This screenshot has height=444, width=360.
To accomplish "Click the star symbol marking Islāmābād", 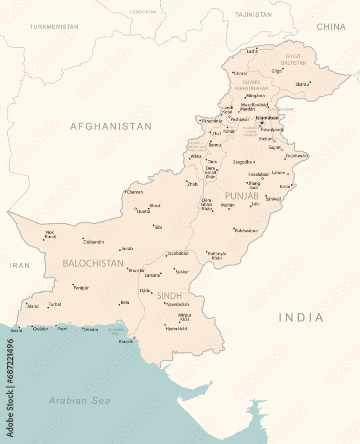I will click(x=262, y=123).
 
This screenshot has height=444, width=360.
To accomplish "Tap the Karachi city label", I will click(x=126, y=341).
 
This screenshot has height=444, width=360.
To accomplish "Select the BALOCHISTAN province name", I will click(x=93, y=263).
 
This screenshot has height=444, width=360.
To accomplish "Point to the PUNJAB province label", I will click(x=241, y=196).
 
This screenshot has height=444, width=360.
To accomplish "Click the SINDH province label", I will click(x=169, y=296).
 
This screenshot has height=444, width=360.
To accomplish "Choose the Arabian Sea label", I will click(x=79, y=400).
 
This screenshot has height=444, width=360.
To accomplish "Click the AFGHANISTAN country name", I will click(x=111, y=127).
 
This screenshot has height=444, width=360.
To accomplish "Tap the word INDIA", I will click(x=301, y=317).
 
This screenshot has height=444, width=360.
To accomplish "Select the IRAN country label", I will click(x=20, y=266).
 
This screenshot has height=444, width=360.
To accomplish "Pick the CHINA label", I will click(x=331, y=27).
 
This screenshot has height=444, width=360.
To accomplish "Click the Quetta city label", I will click(x=143, y=212).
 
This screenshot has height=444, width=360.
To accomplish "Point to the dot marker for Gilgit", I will click(x=283, y=69).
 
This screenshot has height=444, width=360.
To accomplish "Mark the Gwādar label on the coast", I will click(x=41, y=329).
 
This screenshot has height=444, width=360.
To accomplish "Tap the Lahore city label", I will click(x=278, y=173).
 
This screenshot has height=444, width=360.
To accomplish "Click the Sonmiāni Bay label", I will click(x=116, y=331).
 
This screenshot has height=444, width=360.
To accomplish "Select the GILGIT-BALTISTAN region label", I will click(x=296, y=59).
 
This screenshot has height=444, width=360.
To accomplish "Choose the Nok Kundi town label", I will click(x=51, y=234).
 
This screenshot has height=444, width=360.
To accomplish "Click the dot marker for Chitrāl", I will click(x=233, y=72).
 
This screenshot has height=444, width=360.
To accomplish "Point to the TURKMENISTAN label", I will click(x=54, y=27).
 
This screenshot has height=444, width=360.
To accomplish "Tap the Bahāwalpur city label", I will click(x=246, y=231).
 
